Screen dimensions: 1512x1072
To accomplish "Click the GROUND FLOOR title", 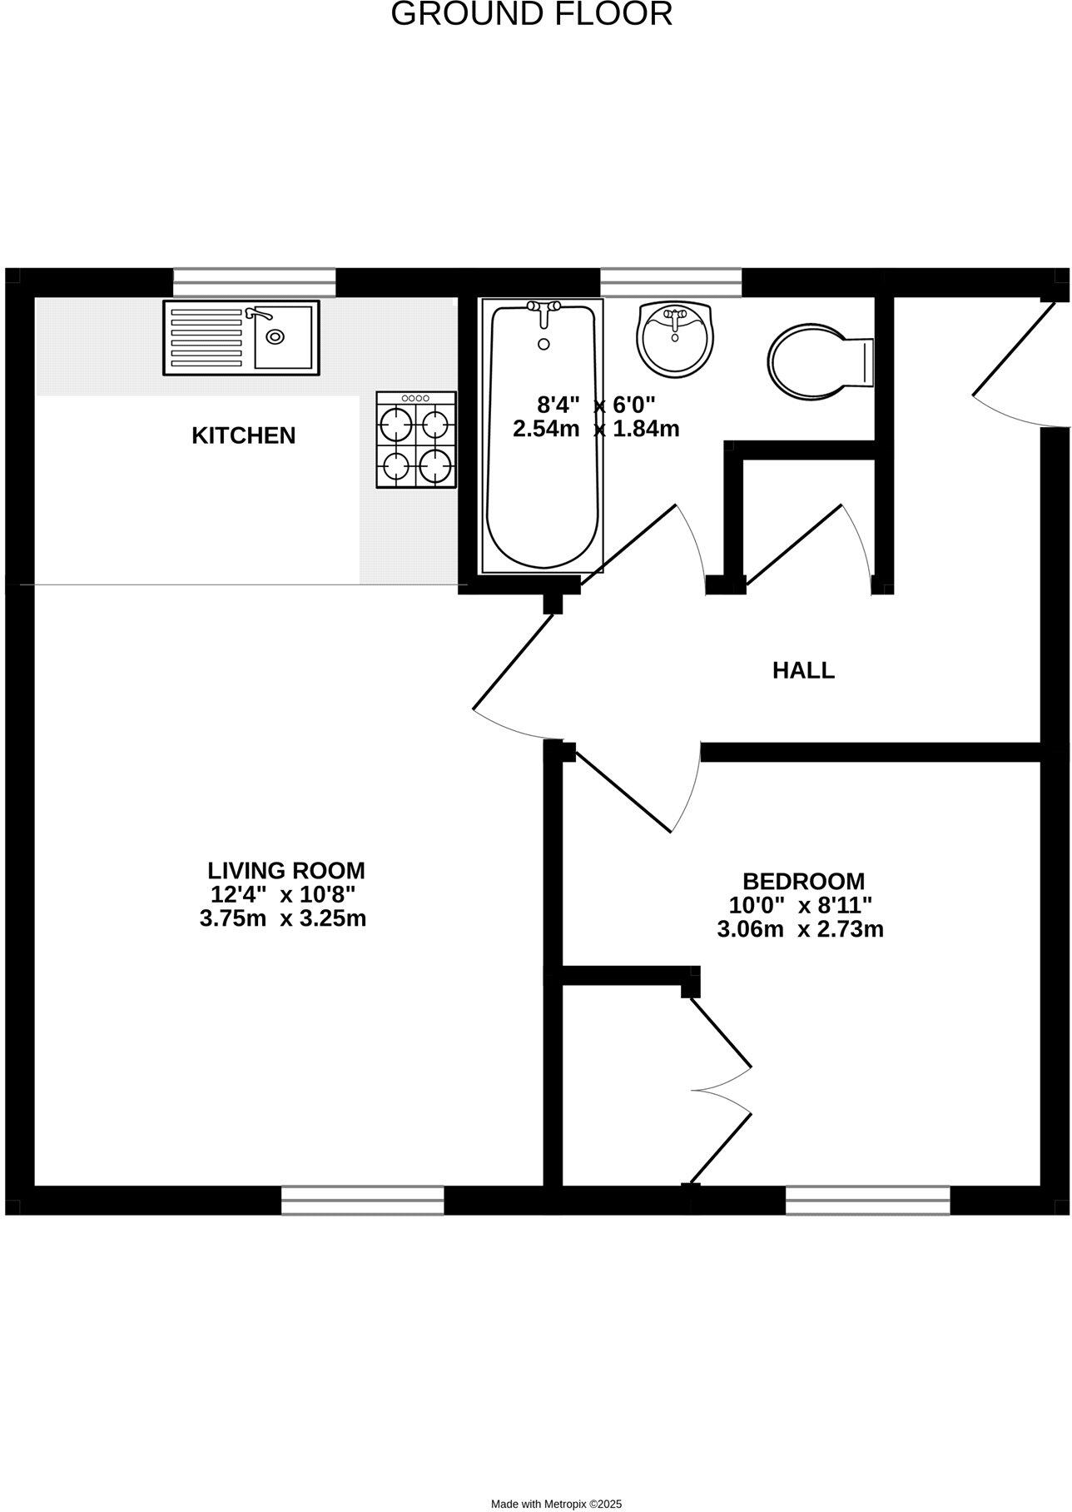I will (532, 14).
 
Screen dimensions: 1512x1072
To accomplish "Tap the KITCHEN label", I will (243, 435).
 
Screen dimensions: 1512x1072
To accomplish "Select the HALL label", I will (803, 670).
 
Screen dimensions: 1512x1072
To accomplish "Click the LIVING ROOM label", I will (285, 871).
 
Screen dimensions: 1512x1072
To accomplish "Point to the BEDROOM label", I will (803, 881).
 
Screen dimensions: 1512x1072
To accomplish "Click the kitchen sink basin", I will (284, 336).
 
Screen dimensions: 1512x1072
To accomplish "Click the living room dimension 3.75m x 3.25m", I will (283, 919).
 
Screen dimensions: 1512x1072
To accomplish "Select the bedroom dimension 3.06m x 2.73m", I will (800, 929).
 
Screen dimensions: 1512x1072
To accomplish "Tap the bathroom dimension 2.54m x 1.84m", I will (596, 429).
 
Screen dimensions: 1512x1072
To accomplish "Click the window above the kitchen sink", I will (255, 282).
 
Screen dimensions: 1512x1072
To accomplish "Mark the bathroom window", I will (670, 282).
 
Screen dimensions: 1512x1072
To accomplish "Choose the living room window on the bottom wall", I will (362, 1200).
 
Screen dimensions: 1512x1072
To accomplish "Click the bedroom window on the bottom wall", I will (867, 1200).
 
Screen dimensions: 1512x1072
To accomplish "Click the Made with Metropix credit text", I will (556, 1497).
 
